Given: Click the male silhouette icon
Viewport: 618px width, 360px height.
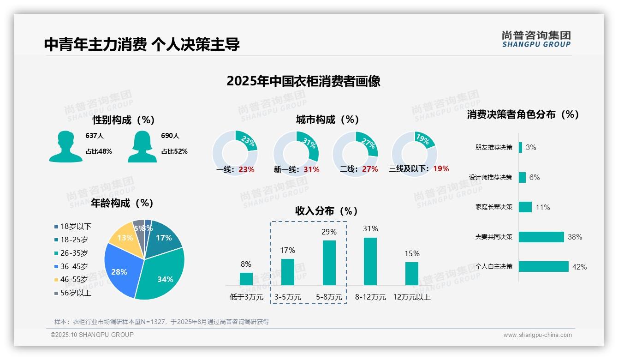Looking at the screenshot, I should click(x=65, y=146).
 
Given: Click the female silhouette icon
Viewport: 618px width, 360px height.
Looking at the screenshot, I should click(x=142, y=146).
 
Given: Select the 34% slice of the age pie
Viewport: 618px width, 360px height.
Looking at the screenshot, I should click(x=161, y=272).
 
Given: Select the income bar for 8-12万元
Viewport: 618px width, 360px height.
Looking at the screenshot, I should click(x=370, y=261).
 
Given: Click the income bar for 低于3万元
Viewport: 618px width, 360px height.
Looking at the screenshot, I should click(x=246, y=279).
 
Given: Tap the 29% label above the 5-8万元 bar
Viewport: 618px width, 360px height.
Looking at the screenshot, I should click(x=329, y=232).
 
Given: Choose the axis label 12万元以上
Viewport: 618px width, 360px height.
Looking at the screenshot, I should click(x=411, y=297).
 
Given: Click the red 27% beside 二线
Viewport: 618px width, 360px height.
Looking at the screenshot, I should click(x=370, y=169).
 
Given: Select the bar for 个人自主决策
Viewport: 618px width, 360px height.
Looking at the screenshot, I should click(x=543, y=266).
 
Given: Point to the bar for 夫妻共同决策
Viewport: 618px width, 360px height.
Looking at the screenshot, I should click(x=541, y=237).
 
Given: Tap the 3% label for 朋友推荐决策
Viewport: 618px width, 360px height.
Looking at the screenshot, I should click(x=531, y=148).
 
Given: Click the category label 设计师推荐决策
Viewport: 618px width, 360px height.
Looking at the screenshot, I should click(x=490, y=177).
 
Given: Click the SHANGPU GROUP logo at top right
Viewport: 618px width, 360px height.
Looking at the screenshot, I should click(x=536, y=39).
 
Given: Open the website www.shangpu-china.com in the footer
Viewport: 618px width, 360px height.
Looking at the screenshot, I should click(x=537, y=335).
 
